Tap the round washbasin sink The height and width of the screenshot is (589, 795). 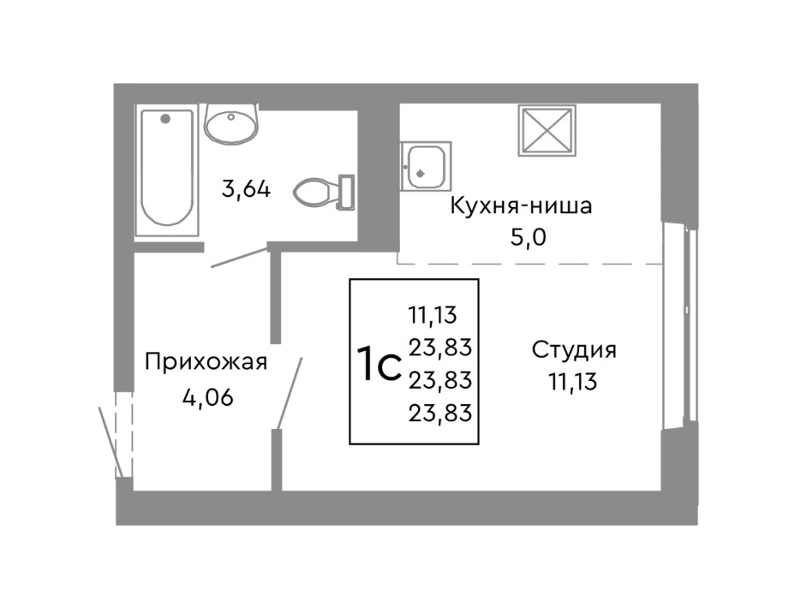230,124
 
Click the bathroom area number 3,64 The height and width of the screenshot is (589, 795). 246,188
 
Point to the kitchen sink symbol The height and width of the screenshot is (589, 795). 425,166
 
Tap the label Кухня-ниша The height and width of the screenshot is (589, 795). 521,206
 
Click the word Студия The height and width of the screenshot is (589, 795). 573,350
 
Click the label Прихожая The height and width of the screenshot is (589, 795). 206,361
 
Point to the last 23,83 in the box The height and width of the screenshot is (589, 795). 442,413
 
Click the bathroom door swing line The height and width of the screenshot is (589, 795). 238,259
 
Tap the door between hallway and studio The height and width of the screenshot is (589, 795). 289,391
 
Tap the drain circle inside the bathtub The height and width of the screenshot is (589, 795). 165,117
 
